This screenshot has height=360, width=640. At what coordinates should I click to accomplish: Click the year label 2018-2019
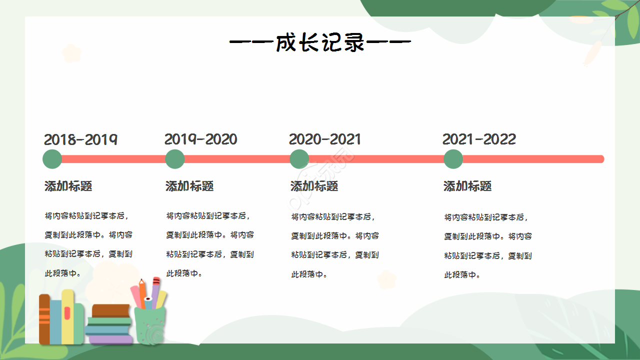80,139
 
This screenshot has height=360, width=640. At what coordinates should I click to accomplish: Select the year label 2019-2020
201,139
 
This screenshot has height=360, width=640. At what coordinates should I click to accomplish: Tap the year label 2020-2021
325,139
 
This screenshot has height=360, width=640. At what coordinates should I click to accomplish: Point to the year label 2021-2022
479,139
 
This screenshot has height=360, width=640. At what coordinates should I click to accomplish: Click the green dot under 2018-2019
52,159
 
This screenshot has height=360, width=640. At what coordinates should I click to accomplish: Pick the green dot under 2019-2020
174,159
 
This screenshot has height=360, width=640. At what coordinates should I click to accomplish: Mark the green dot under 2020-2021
299,159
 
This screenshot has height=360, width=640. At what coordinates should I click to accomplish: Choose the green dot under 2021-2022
453,159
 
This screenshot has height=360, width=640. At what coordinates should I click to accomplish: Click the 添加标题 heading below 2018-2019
68,186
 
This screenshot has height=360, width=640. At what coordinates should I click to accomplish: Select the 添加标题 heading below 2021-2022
467,186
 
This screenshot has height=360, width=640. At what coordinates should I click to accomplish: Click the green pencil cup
149,325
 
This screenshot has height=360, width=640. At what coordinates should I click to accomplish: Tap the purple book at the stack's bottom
110,339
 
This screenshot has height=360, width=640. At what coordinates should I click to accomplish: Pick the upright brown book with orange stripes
44,318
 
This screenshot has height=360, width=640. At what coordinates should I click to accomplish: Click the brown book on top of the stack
111,310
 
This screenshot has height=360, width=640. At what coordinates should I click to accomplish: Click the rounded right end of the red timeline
601,159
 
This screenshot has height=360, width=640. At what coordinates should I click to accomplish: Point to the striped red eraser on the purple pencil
156,281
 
